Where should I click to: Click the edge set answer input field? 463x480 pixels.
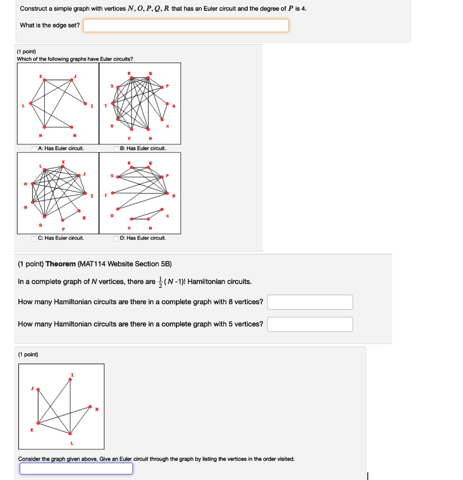pyautogui.click(x=186, y=25)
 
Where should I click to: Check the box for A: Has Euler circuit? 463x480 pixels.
pyautogui.click(x=35, y=149)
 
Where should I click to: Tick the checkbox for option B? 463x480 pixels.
pyautogui.click(x=116, y=149)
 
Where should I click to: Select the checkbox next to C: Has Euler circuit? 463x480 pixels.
pyautogui.click(x=35, y=238)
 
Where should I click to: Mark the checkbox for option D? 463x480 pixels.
pyautogui.click(x=116, y=238)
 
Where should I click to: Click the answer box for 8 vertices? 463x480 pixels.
pyautogui.click(x=310, y=302)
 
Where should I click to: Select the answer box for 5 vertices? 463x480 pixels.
pyautogui.click(x=310, y=324)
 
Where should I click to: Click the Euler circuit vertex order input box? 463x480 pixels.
pyautogui.click(x=76, y=468)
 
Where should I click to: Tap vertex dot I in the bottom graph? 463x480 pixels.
pyautogui.click(x=70, y=380)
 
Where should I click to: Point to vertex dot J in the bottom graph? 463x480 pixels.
pyautogui.click(x=38, y=389)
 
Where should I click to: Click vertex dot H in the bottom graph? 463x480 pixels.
pyautogui.click(x=90, y=407)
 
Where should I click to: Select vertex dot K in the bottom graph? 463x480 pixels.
pyautogui.click(x=38, y=423)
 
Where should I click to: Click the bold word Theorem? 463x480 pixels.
pyautogui.click(x=61, y=264)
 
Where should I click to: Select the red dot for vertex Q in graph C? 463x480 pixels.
pyautogui.click(x=78, y=210)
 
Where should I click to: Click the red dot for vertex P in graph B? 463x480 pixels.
pyautogui.click(x=162, y=87)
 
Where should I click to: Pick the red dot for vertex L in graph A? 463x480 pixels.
pyautogui.click(x=30, y=103)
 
